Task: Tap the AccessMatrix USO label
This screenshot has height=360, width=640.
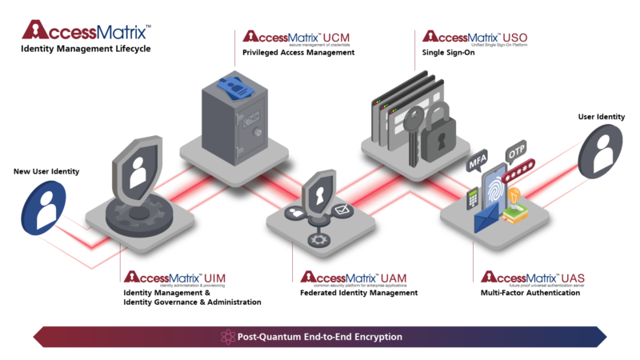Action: tap(474, 37)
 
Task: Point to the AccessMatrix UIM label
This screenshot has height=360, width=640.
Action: tap(174, 278)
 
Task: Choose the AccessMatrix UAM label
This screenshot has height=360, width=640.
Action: tap(353, 278)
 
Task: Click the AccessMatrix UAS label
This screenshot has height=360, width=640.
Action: tap(533, 278)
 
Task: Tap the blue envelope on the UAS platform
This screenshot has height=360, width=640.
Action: tap(488, 217)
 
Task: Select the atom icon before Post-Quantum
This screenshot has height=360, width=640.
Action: tap(226, 337)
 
